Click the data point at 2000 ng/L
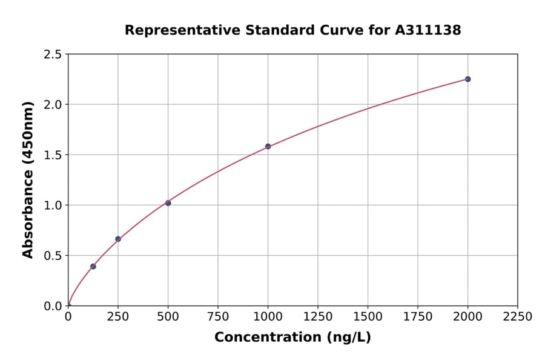pos(467,79)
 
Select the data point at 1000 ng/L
pos(268,146)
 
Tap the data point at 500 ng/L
pos(168,203)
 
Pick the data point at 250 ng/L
pos(118,239)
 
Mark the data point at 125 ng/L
pos(93,266)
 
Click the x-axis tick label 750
pos(218,316)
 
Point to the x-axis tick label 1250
pos(318,316)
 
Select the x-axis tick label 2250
pos(518,316)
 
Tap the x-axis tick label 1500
pos(368,316)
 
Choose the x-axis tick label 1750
pos(418,316)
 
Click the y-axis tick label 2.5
pos(53,55)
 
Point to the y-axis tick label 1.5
pos(53,155)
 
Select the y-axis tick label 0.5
pos(53,256)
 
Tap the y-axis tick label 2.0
pos(53,105)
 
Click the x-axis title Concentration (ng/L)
pos(292,337)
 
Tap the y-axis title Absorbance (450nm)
pos(28,180)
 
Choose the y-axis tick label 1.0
pos(53,205)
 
